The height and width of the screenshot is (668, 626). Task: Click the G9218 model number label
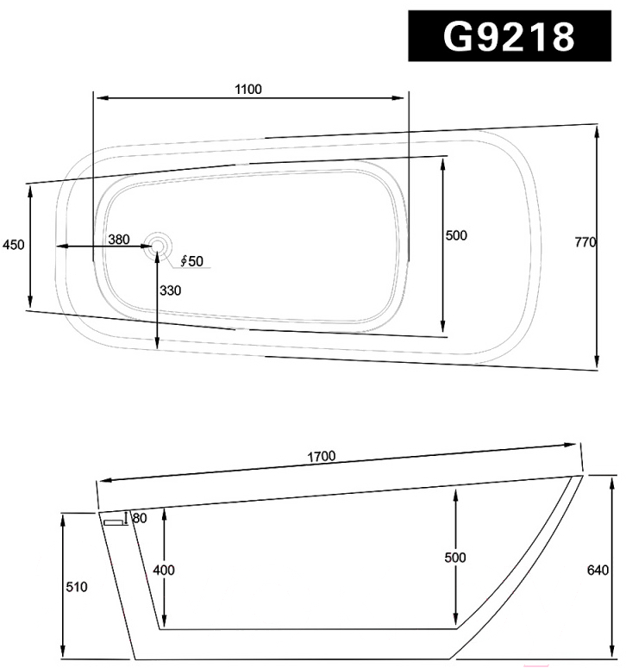click(x=510, y=36)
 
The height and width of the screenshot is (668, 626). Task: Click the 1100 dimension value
click(x=248, y=89)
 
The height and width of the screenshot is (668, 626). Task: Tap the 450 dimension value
click(x=13, y=245)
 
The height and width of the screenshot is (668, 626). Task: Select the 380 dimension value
click(x=118, y=240)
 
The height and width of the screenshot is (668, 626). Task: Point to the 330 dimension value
click(x=170, y=290)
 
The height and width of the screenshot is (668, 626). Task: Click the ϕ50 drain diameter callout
click(x=191, y=260)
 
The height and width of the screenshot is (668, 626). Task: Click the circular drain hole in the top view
click(x=158, y=246)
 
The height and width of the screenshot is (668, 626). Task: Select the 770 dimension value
click(x=585, y=242)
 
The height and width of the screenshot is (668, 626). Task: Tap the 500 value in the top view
click(x=456, y=235)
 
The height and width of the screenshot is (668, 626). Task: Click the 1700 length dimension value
click(x=322, y=457)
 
